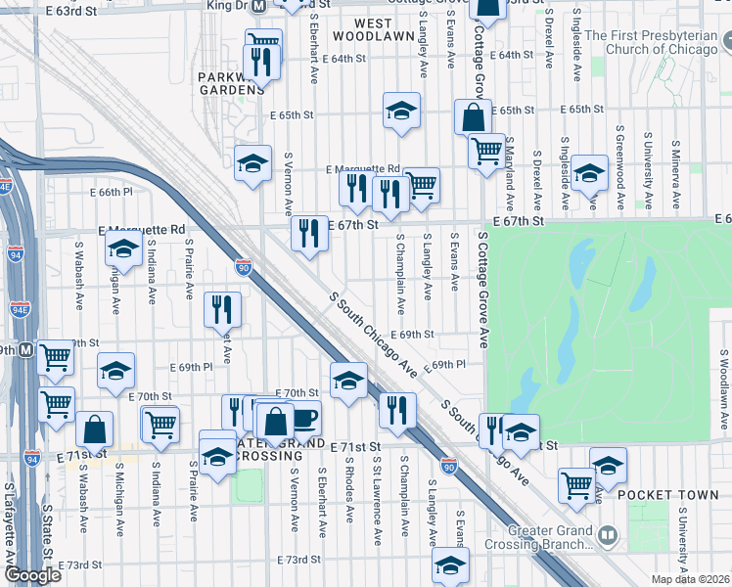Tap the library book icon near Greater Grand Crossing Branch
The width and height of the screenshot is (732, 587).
(607, 535)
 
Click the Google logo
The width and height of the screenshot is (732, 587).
(31, 575)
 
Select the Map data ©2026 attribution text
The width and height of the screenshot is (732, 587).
(691, 579)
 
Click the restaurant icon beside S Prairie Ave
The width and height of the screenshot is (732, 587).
(222, 309)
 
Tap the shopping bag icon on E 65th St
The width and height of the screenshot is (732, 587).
(473, 116)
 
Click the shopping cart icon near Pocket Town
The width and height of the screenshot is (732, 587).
(576, 483)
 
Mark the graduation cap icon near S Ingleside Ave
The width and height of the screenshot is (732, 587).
(589, 173)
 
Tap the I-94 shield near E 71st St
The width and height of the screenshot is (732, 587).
(33, 458)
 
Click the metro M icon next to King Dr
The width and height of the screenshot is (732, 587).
(259, 5)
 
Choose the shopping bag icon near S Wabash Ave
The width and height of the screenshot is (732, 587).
(95, 429)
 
